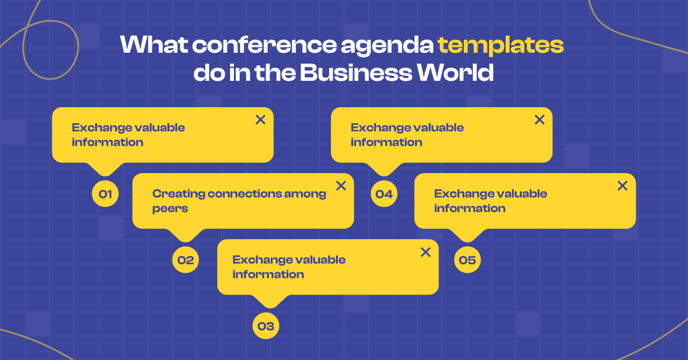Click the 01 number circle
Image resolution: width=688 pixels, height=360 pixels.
coord(105,194)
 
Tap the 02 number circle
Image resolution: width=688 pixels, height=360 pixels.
coord(185,260)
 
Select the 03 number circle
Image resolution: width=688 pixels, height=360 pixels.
coord(265,327)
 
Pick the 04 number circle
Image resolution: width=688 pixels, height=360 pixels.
coord(384,194)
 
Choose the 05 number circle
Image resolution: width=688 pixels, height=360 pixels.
coord(467,260)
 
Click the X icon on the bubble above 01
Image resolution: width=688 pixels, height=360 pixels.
coord(260,120)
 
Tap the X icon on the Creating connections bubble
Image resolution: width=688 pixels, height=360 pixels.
coord(341,186)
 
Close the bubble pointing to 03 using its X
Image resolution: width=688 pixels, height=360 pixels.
coord(425,252)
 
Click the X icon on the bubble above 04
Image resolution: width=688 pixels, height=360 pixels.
coord(540,120)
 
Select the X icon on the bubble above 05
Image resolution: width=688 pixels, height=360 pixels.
coord(622,186)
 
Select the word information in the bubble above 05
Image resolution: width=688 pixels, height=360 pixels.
coord(470,208)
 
